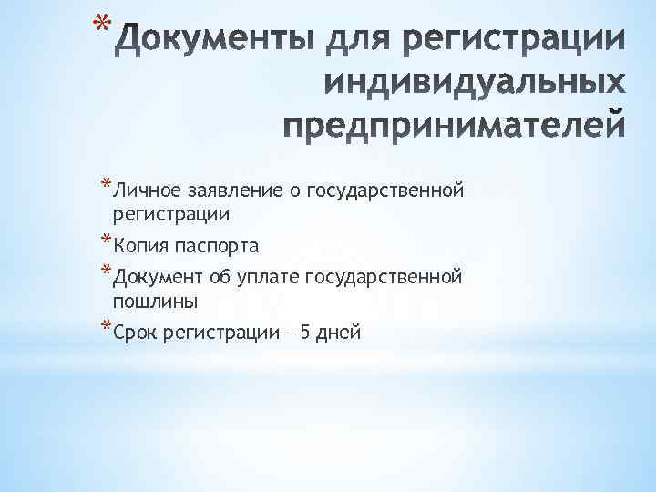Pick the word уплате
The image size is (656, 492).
pyautogui.click(x=271, y=276)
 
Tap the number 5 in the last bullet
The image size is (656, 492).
pyautogui.click(x=305, y=332)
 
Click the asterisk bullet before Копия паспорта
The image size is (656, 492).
pyautogui.click(x=106, y=242)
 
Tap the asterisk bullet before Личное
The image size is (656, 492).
pyautogui.click(x=106, y=187)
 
